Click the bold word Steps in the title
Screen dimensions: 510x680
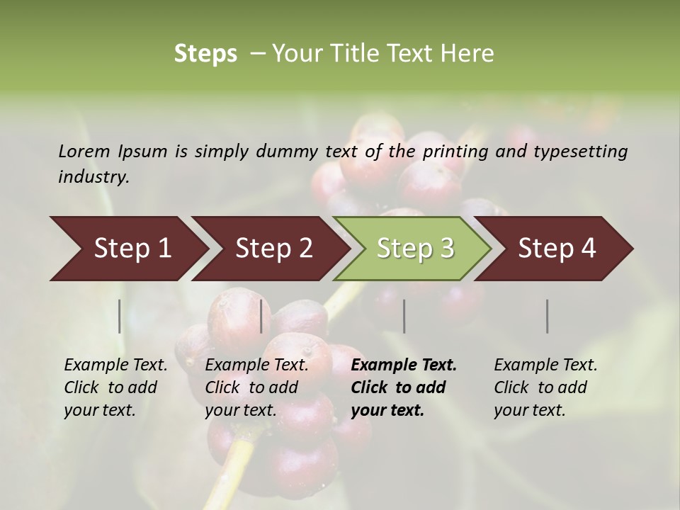205,54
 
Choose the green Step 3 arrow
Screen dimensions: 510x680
415,248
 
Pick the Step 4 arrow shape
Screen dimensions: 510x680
557,248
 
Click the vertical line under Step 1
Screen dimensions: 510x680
120,316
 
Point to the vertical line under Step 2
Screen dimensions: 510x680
261,316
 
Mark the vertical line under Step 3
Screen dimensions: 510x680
404,316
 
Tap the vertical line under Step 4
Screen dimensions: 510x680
548,316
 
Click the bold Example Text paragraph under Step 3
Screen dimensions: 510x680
404,387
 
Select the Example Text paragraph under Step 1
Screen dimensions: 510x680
115,387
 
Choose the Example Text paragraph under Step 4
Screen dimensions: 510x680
545,387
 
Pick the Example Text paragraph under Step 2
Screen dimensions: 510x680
256,387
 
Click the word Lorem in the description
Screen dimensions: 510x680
84,151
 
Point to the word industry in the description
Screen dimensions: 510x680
93,176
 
